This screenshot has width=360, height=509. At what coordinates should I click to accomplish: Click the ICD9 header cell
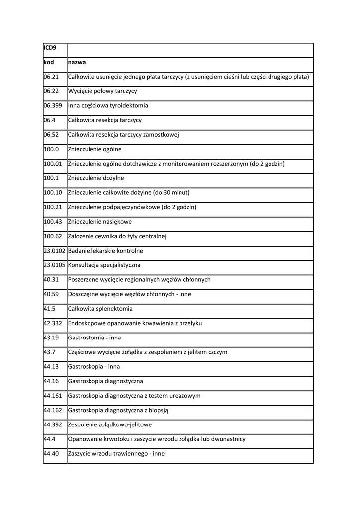pyautogui.click(x=50, y=48)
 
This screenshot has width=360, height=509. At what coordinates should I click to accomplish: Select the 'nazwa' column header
pyautogui.click(x=77, y=63)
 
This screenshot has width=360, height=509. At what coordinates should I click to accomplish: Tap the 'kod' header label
pyautogui.click(x=49, y=63)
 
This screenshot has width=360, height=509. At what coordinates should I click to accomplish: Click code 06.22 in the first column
pyautogui.click(x=51, y=91)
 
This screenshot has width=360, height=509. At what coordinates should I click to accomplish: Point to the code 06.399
pyautogui.click(x=53, y=106)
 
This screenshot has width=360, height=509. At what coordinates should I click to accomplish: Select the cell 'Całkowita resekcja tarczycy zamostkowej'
pyautogui.click(x=123, y=135)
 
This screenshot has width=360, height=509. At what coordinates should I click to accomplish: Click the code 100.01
pyautogui.click(x=53, y=164)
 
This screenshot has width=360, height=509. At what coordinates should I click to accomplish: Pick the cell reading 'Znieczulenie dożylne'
pyautogui.click(x=96, y=178)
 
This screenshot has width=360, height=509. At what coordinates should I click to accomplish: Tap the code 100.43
pyautogui.click(x=53, y=222)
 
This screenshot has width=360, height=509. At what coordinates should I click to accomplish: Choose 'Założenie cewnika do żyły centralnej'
pyautogui.click(x=117, y=236)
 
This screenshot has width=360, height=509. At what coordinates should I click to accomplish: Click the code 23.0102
pyautogui.click(x=55, y=251)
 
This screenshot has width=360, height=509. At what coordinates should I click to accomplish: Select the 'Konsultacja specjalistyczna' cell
pyautogui.click(x=104, y=265)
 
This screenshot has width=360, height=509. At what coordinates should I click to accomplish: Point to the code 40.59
pyautogui.click(x=51, y=294)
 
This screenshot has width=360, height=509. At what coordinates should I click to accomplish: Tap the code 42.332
pyautogui.click(x=53, y=323)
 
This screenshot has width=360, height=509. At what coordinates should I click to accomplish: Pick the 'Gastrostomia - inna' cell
pyautogui.click(x=94, y=338)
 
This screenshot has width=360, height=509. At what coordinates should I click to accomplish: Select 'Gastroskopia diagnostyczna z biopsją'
pyautogui.click(x=118, y=410)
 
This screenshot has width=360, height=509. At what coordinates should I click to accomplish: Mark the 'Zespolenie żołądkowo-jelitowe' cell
pyautogui.click(x=110, y=425)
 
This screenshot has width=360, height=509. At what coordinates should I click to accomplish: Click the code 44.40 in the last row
pyautogui.click(x=51, y=454)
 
